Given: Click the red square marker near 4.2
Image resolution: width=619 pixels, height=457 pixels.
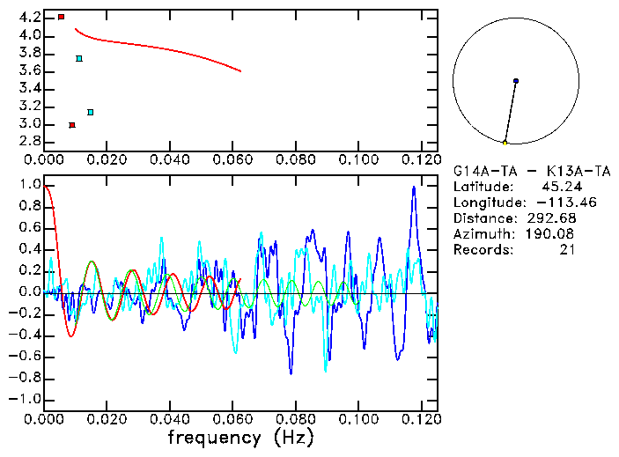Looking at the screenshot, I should [x=61, y=17].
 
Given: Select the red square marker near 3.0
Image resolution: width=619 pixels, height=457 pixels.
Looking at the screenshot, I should [x=72, y=125].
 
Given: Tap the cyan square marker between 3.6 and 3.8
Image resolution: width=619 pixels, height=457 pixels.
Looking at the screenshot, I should [x=79, y=59].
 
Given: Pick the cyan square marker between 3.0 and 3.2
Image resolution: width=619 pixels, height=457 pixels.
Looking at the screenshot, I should [x=91, y=112].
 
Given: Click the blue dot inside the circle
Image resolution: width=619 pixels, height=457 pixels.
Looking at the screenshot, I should [x=516, y=81].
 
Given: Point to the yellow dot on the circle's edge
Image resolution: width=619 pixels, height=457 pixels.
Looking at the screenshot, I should [x=505, y=143].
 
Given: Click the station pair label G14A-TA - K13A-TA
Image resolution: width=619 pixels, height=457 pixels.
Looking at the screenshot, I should [x=522, y=171].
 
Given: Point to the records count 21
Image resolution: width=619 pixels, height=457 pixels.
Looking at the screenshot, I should [x=567, y=250].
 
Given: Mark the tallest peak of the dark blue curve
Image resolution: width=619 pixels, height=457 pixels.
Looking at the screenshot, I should [x=413, y=188].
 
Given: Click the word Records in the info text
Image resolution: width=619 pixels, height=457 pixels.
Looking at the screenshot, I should [x=482, y=250].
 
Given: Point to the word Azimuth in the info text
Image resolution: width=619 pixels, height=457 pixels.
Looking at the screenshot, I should [x=482, y=234].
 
